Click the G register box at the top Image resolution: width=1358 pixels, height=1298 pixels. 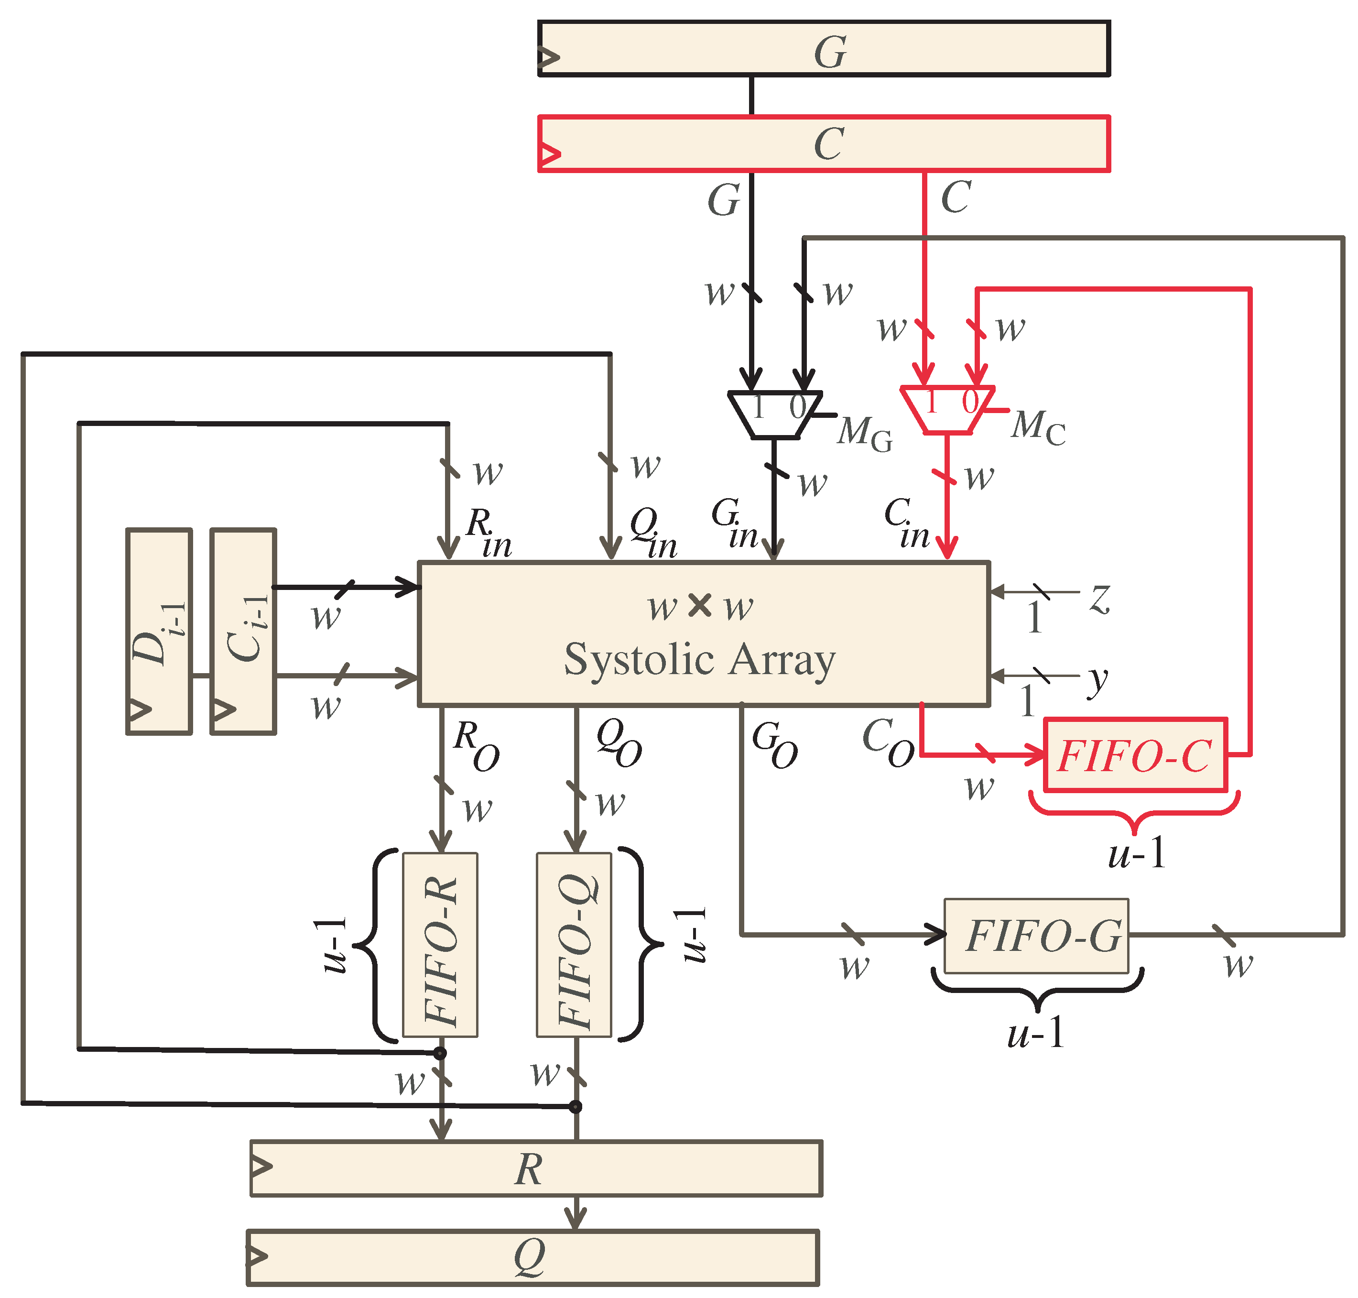coord(823,48)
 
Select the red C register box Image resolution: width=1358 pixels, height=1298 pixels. coord(823,144)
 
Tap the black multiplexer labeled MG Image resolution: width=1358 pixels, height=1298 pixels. coord(775,414)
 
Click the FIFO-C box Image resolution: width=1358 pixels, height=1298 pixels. coord(1135,754)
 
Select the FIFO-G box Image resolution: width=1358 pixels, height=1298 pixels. coord(1036,936)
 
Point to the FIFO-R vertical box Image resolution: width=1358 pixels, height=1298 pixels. coord(440,944)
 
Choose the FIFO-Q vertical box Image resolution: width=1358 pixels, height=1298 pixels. coord(574,944)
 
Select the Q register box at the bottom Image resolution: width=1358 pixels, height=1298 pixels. coord(532,1256)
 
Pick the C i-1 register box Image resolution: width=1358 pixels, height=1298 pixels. coord(243,631)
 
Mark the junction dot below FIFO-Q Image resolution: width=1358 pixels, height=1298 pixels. coord(575,1106)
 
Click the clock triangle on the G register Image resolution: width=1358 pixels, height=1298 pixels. coord(549,57)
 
